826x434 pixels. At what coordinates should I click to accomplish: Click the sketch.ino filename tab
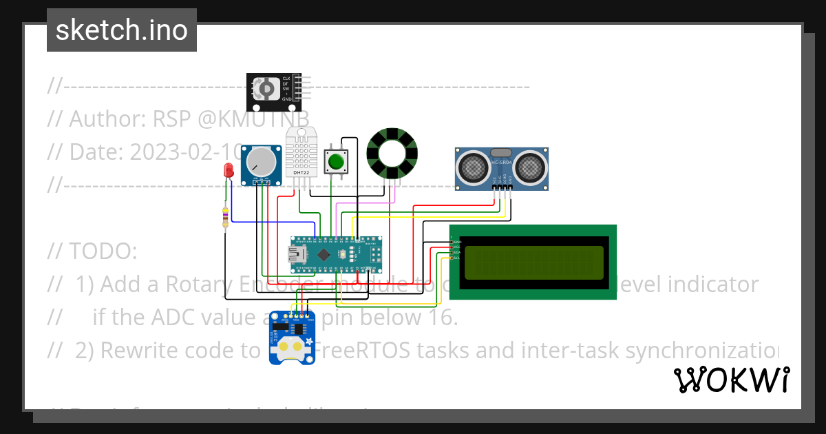click(122, 30)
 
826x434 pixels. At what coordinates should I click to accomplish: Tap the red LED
click(229, 172)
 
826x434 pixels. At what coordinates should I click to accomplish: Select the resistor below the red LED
click(224, 217)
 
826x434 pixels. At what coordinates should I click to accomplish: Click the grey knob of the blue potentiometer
click(262, 163)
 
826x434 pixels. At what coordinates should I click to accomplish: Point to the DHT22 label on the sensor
click(301, 172)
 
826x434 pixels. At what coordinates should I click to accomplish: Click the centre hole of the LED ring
click(392, 154)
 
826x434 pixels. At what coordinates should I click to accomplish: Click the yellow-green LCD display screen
click(533, 262)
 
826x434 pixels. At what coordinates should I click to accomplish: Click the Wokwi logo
click(731, 380)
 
